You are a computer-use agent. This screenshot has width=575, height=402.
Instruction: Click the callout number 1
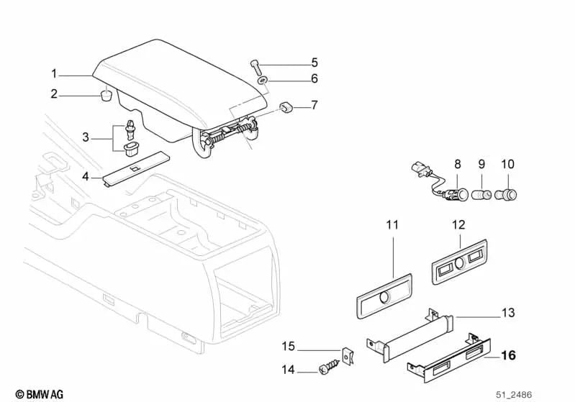coord(54,73)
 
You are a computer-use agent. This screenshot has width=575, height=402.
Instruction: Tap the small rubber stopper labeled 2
coord(105,96)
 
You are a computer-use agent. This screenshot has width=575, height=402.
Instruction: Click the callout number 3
coord(85,137)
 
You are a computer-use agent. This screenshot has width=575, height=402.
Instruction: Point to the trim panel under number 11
coord(383,294)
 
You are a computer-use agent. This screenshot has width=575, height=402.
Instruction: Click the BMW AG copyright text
coord(34,394)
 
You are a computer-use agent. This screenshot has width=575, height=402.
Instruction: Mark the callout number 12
coord(459,225)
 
